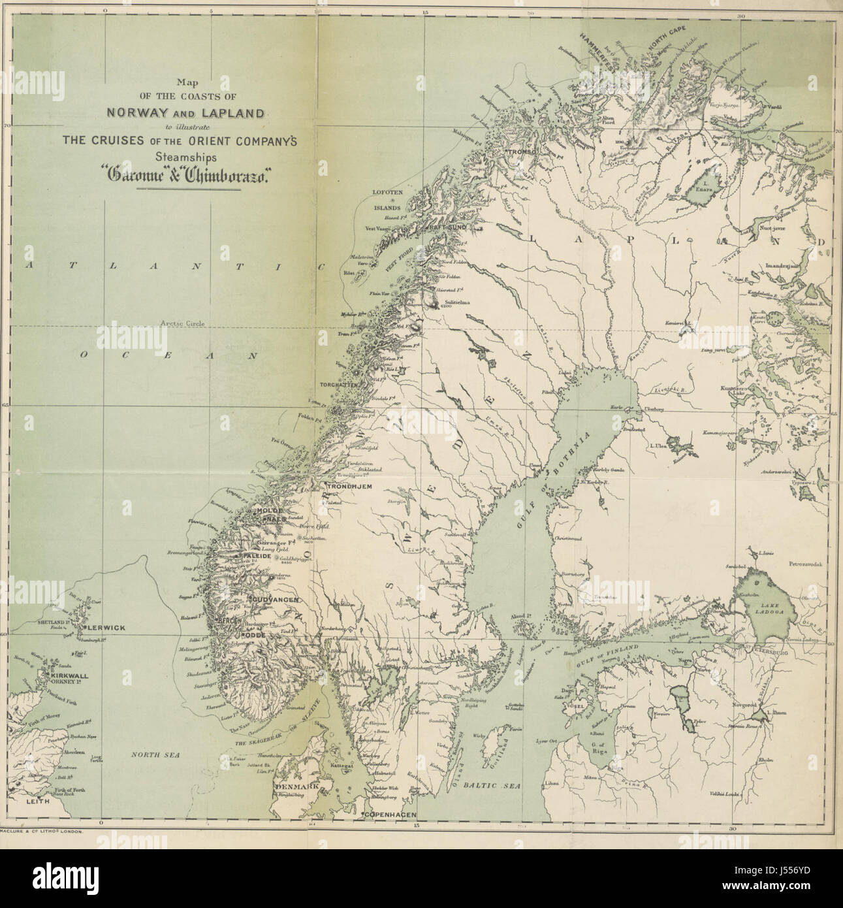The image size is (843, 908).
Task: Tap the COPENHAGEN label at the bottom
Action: point(390,815)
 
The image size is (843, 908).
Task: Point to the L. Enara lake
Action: point(707,187)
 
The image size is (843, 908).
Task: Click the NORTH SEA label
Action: point(156,754)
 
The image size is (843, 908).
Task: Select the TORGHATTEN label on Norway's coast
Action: point(338,385)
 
